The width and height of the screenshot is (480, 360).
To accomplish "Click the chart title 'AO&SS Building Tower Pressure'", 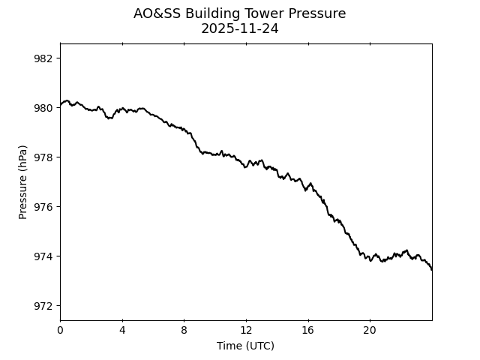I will coord(240,13).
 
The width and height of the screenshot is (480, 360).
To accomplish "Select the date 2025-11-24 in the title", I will coord(240,29).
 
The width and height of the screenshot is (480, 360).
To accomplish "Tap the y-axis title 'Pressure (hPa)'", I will coord(23,181).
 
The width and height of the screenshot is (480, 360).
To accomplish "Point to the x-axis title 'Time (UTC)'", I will coord(245,346).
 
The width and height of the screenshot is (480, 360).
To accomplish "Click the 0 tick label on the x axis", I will coord(60,330).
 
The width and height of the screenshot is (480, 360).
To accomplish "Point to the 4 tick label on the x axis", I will coord(122,330).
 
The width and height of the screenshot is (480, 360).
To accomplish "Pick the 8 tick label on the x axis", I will coord(184,330).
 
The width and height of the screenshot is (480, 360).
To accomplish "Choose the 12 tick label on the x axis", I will coord(246,330).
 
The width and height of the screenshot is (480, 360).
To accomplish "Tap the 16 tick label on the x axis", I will coord(308,330).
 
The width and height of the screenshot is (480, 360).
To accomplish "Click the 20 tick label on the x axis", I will coord(370,330).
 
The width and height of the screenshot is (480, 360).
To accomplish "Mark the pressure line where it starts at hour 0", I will coord(61,105).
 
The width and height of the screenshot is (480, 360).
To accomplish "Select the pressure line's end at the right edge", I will coord(431,268).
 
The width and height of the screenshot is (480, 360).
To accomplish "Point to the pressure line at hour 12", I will coord(246,166).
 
